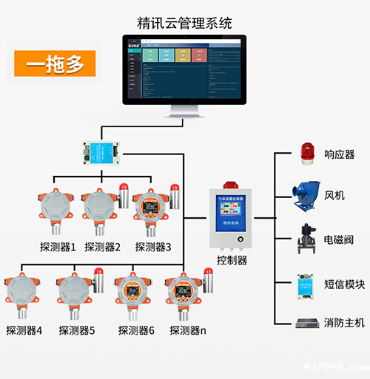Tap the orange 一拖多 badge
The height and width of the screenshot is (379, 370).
point(55,64)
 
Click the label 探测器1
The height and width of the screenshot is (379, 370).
point(58,247)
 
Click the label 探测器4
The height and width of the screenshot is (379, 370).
point(24,330)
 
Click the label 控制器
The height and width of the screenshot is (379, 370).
point(232,260)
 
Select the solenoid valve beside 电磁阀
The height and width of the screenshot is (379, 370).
point(306,240)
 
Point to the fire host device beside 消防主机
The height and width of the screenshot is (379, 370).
point(306,323)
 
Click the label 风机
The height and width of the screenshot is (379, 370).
point(334,196)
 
